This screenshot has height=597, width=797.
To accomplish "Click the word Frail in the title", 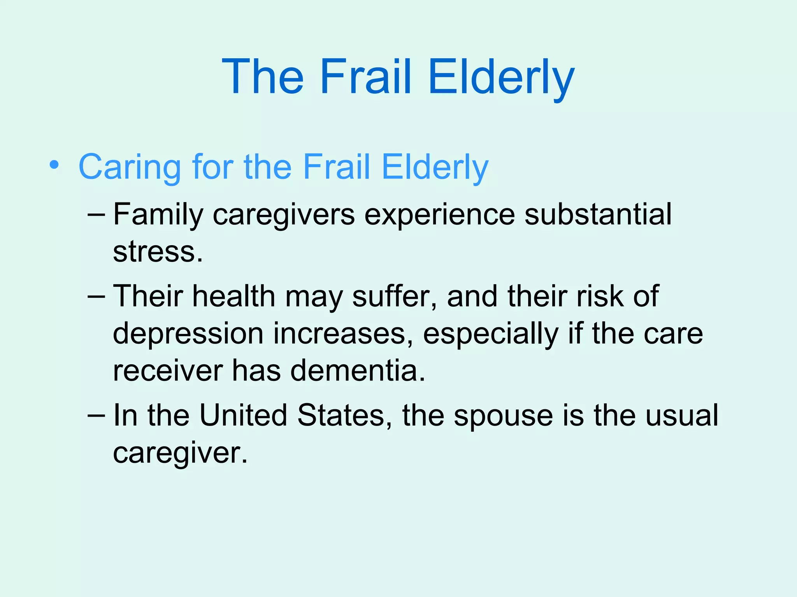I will [x=365, y=77].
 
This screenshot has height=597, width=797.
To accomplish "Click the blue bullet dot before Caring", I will [x=54, y=165].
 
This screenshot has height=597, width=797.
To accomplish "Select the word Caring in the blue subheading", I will [x=130, y=167].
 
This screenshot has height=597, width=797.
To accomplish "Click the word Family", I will [x=158, y=215].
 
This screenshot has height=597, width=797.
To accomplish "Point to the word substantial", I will [x=598, y=214].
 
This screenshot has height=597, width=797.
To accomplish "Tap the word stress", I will [x=157, y=252].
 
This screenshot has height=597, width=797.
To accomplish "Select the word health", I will [x=234, y=296].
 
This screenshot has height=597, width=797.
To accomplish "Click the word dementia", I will [x=357, y=370].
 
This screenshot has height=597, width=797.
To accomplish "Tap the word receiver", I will [x=168, y=370].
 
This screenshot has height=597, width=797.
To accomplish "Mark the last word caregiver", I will [x=180, y=453].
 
